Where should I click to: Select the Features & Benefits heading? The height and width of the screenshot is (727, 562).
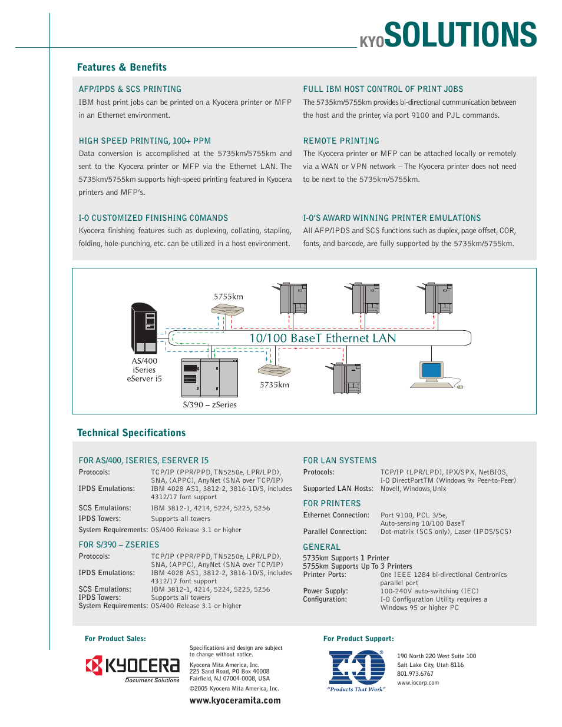(x=121, y=67)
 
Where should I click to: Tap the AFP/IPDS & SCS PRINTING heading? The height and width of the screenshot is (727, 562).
(x=130, y=89)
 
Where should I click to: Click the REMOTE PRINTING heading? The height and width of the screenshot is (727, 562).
(x=340, y=141)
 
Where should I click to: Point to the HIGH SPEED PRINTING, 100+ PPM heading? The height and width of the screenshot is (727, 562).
(x=144, y=141)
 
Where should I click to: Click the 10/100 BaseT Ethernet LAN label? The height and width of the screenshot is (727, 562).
(x=322, y=338)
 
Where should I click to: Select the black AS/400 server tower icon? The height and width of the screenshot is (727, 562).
(x=144, y=328)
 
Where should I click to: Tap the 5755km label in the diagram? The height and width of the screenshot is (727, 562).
(x=228, y=297)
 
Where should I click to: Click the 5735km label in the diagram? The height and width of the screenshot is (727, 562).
(x=275, y=384)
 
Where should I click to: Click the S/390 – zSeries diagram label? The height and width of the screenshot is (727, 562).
(x=209, y=404)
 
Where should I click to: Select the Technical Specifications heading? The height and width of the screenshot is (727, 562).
(x=131, y=433)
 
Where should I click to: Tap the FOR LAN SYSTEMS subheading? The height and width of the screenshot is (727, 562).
(x=339, y=460)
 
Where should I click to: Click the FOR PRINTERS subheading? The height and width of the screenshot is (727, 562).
(x=332, y=503)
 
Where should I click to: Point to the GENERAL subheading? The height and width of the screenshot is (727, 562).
(x=322, y=547)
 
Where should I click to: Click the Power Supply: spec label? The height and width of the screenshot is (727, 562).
(x=325, y=591)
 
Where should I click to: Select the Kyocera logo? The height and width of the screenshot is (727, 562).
(x=133, y=668)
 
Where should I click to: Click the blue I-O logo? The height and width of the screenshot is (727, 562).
(x=356, y=670)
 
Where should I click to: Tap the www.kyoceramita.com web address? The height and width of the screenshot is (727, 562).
(x=235, y=701)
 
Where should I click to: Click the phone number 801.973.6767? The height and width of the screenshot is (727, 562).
(x=415, y=673)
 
